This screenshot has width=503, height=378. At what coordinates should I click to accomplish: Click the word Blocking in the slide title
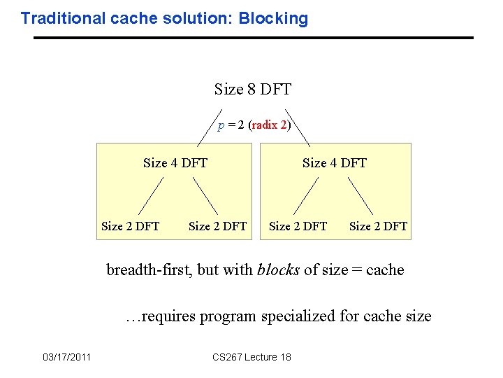pyautogui.click(x=273, y=19)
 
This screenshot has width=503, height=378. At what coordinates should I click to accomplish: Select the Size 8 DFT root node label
pyautogui.click(x=252, y=90)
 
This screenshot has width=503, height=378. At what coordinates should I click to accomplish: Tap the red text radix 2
pyautogui.click(x=269, y=125)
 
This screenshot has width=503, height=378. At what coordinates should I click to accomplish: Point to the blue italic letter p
pyautogui.click(x=221, y=126)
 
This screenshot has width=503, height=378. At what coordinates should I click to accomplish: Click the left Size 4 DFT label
pyautogui.click(x=175, y=163)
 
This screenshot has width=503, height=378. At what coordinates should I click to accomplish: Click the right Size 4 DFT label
pyautogui.click(x=334, y=163)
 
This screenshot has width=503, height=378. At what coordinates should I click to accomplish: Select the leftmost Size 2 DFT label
pyautogui.click(x=130, y=226)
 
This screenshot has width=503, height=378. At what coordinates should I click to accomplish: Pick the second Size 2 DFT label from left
pyautogui.click(x=217, y=226)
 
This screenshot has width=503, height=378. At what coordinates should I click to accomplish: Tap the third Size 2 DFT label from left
pyautogui.click(x=298, y=226)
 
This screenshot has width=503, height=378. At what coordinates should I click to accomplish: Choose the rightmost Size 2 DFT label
pyautogui.click(x=378, y=226)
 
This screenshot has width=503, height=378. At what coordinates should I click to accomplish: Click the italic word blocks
pyautogui.click(x=279, y=270)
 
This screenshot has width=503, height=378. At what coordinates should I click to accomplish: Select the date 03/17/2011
pyautogui.click(x=66, y=358)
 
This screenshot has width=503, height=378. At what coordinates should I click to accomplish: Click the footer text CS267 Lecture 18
pyautogui.click(x=251, y=358)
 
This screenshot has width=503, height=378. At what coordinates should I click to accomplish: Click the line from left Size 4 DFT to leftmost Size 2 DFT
pyautogui.click(x=150, y=195)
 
